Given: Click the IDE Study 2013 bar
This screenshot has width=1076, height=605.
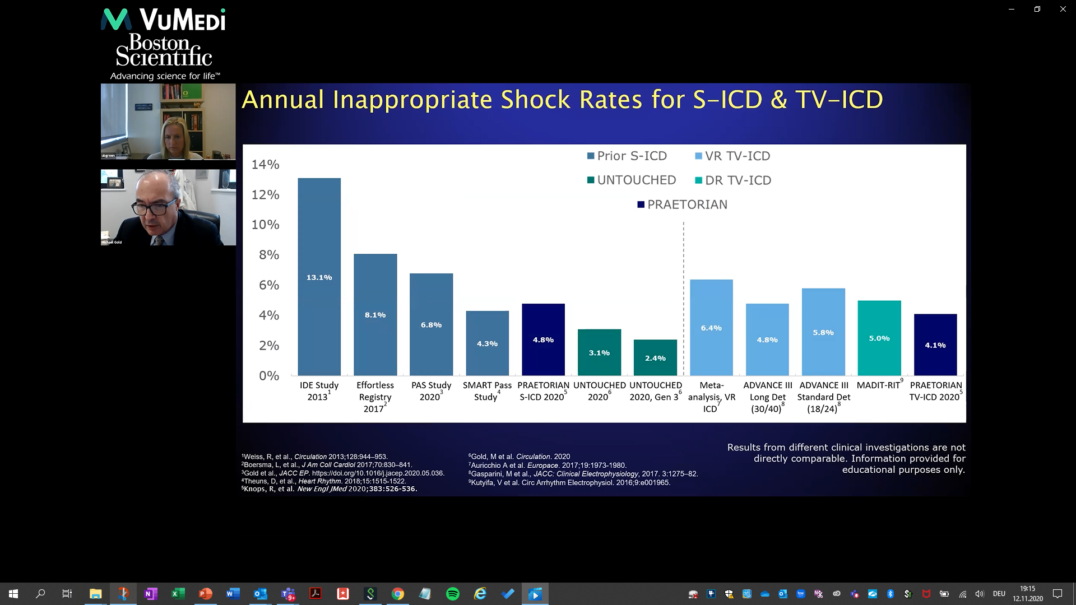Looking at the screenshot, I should pyautogui.click(x=319, y=277).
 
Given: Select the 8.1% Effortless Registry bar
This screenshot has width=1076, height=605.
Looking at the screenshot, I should pyautogui.click(x=375, y=314).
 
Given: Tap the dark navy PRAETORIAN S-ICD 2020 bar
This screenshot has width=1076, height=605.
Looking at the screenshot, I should pyautogui.click(x=543, y=339).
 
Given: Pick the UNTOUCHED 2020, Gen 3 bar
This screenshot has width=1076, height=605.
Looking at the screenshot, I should pyautogui.click(x=655, y=357).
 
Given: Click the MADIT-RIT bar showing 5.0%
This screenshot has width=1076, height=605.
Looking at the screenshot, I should pyautogui.click(x=879, y=338).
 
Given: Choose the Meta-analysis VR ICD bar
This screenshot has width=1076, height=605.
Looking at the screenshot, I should pyautogui.click(x=711, y=327).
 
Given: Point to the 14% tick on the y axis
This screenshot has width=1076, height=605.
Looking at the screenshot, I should pyautogui.click(x=265, y=165).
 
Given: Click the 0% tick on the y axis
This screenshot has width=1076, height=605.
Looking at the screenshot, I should pyautogui.click(x=269, y=376).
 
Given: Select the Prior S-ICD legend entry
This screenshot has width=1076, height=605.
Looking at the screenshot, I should pyautogui.click(x=627, y=156).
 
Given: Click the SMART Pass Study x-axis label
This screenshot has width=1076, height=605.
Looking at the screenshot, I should pyautogui.click(x=487, y=391).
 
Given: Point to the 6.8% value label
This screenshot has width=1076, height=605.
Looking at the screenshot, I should pyautogui.click(x=431, y=325).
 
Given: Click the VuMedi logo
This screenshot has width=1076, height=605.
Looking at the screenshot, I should pyautogui.click(x=163, y=20).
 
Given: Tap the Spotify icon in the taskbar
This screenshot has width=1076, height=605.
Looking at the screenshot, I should pyautogui.click(x=453, y=594).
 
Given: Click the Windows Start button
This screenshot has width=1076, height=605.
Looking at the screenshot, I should pyautogui.click(x=13, y=594).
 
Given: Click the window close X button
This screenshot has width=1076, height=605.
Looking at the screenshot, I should pyautogui.click(x=1063, y=9).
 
